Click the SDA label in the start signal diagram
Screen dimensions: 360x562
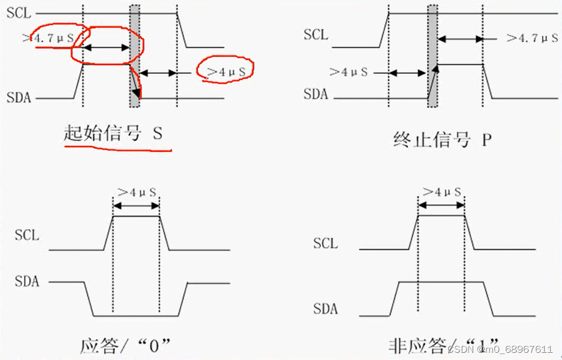point(19,97)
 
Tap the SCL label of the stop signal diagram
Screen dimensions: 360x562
point(316,34)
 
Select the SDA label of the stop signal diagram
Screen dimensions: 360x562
point(315,94)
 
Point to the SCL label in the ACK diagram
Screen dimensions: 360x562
point(27,235)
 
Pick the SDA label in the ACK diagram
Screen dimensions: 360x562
point(26,280)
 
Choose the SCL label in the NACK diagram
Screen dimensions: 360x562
point(326,244)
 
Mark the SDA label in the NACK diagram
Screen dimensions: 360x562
point(325,309)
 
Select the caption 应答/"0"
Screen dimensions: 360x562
point(125,346)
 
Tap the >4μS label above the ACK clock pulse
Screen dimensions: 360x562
point(136,192)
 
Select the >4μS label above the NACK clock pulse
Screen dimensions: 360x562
point(441,192)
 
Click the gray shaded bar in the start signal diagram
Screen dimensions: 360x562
point(135,56)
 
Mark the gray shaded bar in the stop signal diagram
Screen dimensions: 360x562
point(432,56)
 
